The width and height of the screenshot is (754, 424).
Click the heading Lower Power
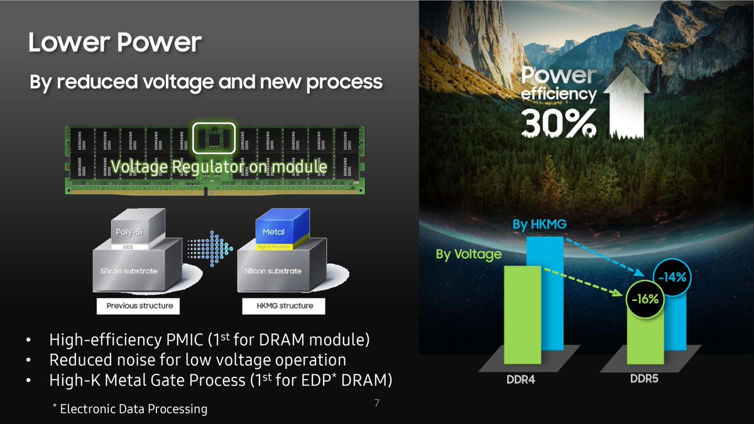(x=114, y=43)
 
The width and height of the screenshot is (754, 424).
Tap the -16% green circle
(x=645, y=300)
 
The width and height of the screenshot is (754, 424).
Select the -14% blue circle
(x=672, y=277)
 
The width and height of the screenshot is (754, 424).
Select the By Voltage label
(x=468, y=254)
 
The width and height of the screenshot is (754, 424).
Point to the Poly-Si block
(x=128, y=231)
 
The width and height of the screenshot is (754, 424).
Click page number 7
(x=376, y=403)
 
